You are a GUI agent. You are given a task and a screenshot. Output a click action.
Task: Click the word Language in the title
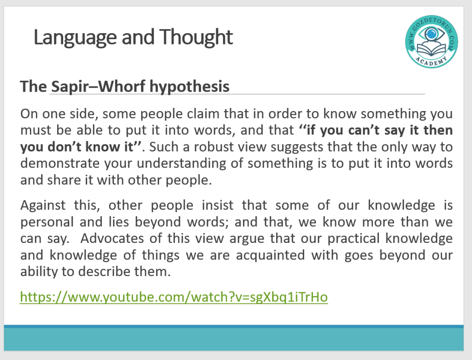click(x=75, y=38)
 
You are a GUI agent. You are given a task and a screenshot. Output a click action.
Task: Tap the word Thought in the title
click(x=196, y=37)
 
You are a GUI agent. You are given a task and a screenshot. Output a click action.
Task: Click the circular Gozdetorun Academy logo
click(x=431, y=41)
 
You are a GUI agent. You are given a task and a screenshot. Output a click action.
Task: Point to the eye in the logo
click(x=431, y=34)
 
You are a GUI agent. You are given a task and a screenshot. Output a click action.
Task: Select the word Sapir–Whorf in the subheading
click(x=98, y=86)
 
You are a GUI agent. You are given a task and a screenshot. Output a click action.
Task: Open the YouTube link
click(x=174, y=297)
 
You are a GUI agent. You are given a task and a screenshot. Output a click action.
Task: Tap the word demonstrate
click(x=60, y=164)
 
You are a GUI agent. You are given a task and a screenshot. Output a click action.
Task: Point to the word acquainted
click(x=270, y=255)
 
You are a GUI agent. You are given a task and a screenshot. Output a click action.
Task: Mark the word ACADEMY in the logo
click(x=431, y=61)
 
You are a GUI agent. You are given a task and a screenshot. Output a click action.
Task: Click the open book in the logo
click(x=431, y=49)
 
